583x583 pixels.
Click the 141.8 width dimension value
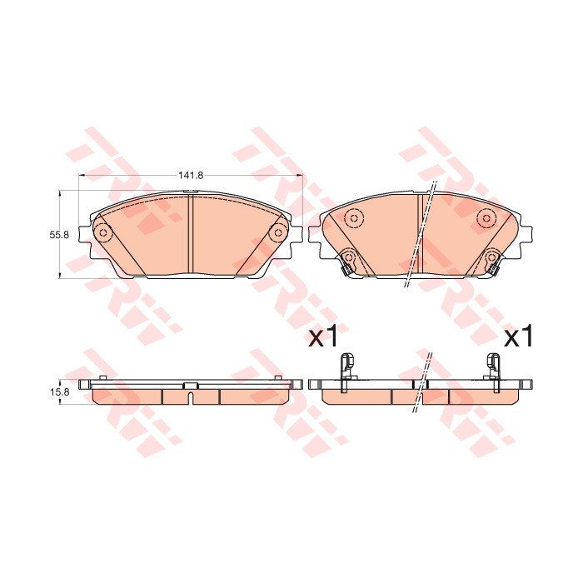click(191, 176)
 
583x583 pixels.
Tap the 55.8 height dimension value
click(57, 235)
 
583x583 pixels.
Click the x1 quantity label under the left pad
click(323, 337)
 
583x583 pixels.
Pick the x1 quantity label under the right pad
click(518, 337)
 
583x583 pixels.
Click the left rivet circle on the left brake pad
click(104, 233)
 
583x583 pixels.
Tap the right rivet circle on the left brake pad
click(277, 233)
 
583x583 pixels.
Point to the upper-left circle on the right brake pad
click(351, 219)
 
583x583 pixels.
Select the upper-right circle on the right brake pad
click(486, 219)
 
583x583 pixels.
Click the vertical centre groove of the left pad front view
click(191, 235)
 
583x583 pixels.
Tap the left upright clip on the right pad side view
click(347, 366)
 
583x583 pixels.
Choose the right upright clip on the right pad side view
click(493, 366)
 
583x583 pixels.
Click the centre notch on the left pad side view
click(191, 386)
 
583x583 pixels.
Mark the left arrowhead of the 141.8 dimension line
click(82, 176)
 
